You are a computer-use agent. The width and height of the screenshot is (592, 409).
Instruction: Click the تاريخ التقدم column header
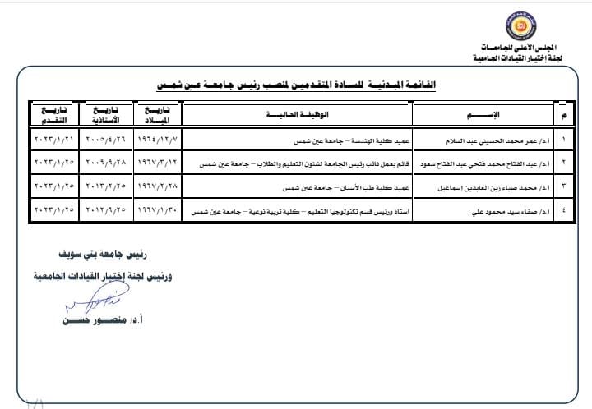point(51,113)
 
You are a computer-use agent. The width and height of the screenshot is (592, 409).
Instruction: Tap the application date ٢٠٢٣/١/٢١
point(52,140)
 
